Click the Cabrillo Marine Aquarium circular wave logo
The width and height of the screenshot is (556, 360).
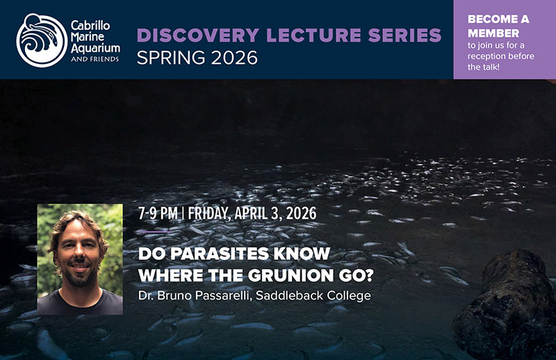pyautogui.click(x=41, y=40)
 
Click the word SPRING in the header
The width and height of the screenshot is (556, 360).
pyautogui.click(x=164, y=58)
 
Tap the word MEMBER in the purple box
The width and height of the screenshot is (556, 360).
pyautogui.click(x=493, y=33)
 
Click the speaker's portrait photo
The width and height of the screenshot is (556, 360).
pyautogui.click(x=79, y=259)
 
